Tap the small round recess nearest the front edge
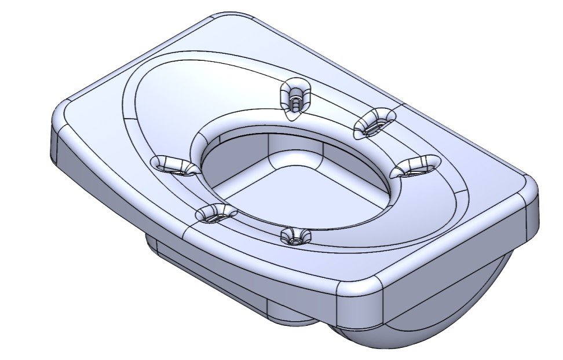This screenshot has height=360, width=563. [295, 236]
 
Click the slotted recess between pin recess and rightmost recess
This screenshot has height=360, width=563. [374, 122]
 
